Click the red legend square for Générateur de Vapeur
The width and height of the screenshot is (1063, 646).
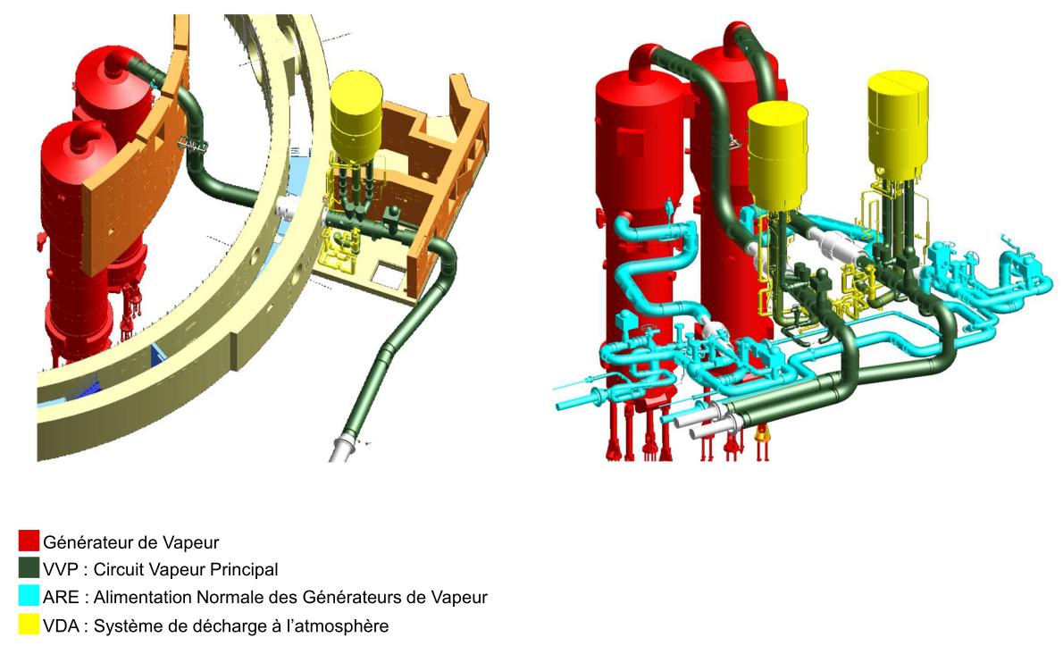[29, 541]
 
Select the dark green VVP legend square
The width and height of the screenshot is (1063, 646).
[29, 568]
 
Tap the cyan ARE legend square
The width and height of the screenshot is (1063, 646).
[29, 596]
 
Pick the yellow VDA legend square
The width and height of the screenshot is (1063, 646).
[29, 625]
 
